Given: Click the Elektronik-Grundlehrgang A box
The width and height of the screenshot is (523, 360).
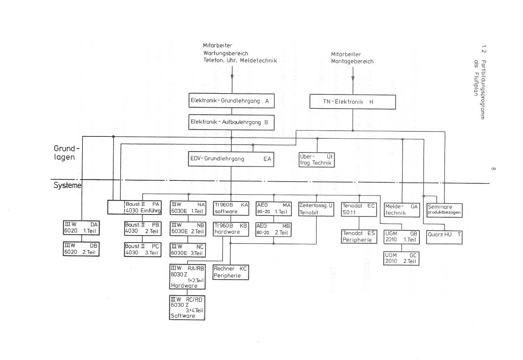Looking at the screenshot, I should click(231, 101).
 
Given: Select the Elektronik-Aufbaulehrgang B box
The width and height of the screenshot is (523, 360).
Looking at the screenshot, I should click(231, 122).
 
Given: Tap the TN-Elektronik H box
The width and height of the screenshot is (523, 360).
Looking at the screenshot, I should click(352, 102).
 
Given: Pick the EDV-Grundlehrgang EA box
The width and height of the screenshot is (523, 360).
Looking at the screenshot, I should click(231, 159).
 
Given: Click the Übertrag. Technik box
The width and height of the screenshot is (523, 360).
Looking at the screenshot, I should click(316, 160).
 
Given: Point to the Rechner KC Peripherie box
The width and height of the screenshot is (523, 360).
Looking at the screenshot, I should click(230, 272).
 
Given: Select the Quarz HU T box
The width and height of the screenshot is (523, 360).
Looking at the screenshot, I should click(444, 237).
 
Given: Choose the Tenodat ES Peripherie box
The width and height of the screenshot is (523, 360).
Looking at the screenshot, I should click(359, 237).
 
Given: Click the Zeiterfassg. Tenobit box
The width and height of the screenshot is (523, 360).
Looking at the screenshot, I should click(316, 209).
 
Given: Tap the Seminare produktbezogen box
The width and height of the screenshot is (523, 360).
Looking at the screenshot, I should click(444, 210).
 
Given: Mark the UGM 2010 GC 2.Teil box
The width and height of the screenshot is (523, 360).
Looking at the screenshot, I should click(401, 258).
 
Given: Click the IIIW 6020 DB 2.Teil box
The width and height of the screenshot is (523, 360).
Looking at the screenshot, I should click(81, 249).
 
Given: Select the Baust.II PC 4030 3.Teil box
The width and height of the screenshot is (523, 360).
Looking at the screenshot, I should click(143, 250).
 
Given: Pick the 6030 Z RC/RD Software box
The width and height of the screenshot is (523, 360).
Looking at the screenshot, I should click(187, 308).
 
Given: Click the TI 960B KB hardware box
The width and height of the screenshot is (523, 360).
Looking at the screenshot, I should click(231, 229).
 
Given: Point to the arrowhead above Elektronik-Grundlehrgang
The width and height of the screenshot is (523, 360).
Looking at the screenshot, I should click(232, 77).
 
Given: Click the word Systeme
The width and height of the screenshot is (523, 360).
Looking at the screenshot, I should click(67, 185).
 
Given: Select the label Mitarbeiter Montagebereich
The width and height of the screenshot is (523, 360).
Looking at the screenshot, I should click(352, 58).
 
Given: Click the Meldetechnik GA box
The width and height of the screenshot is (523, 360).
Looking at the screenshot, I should click(402, 210).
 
